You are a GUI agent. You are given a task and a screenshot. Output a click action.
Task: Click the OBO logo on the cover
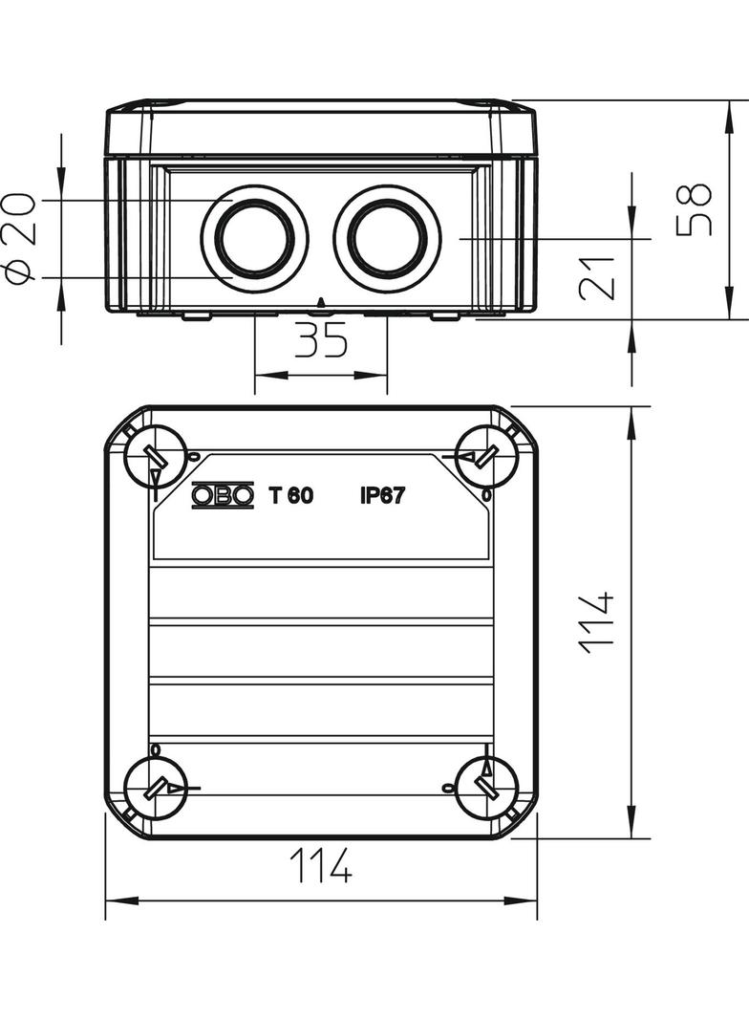pos(223,496)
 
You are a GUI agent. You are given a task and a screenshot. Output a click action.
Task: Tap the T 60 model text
pos(291,496)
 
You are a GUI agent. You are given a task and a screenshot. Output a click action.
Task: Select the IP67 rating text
pos(382,496)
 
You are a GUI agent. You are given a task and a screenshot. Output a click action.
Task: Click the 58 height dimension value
pos(694,209)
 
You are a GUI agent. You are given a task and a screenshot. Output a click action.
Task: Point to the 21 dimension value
pos(596,279)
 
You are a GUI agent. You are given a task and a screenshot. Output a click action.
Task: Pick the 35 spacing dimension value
pos(322,339)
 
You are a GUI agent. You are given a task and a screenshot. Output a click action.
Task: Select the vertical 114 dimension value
pos(596,622)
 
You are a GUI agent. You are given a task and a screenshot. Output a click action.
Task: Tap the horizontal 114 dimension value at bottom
pos(321,865)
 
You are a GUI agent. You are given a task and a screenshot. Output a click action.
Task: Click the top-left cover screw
pos(156,456)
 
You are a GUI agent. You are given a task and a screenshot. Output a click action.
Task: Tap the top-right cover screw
pos(487,456)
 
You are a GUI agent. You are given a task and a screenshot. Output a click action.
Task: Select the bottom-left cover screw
pos(156,789)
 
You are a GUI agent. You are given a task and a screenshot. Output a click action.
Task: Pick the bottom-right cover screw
pos(487,789)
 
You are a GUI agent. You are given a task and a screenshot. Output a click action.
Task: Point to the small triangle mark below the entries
pos(320,302)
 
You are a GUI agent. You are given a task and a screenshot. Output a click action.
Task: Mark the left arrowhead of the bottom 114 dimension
pos(122,900)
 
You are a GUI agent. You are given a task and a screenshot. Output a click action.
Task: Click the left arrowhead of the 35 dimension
pos(271,375)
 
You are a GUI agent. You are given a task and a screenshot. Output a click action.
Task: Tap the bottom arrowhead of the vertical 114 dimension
pos(631,821)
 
